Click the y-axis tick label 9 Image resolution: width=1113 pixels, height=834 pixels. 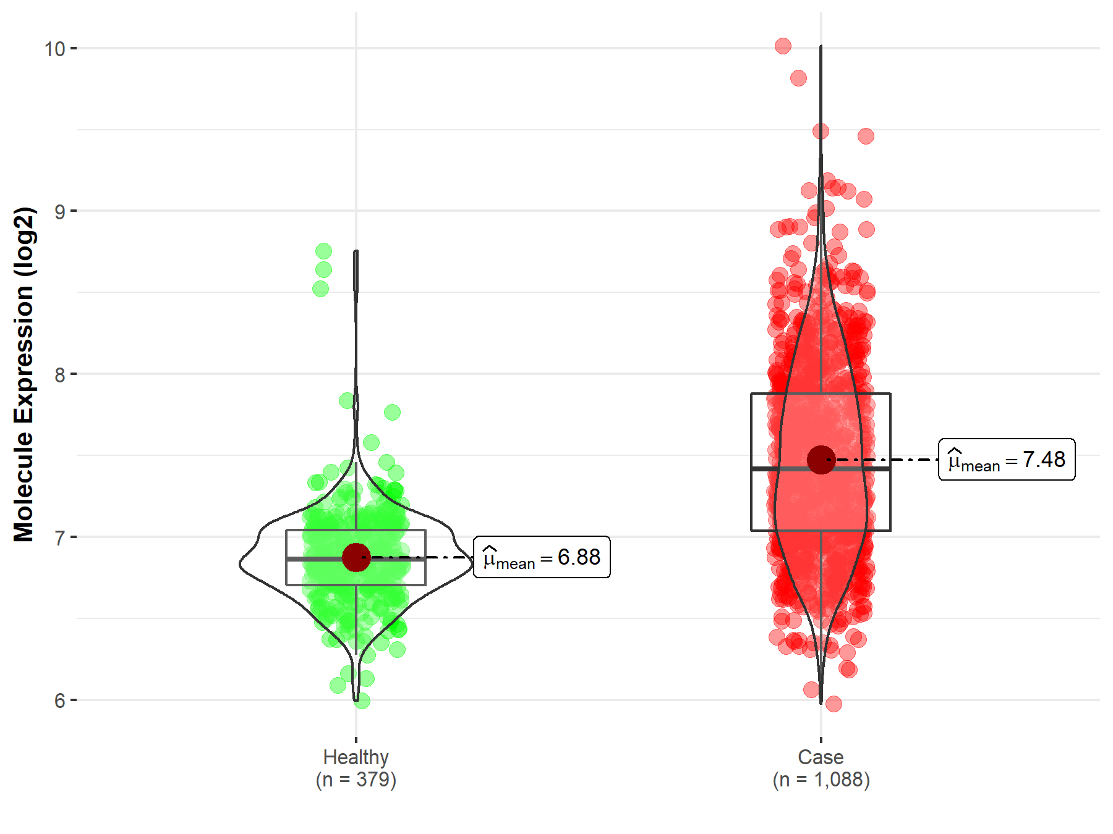[x=59, y=212]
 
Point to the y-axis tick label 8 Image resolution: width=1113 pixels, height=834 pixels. [x=59, y=375]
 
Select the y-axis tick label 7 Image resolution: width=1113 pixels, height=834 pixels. [x=59, y=538]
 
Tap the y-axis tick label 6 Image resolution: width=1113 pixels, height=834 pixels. [x=59, y=701]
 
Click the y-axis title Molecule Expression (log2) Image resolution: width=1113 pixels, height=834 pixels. [x=23, y=374]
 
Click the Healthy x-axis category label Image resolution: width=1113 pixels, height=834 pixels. [x=356, y=757]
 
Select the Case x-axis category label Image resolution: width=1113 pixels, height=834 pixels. [x=821, y=757]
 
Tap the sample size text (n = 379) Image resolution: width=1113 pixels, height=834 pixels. [x=356, y=780]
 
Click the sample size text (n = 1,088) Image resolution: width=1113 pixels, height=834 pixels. [x=821, y=780]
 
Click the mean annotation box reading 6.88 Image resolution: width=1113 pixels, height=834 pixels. [x=542, y=557]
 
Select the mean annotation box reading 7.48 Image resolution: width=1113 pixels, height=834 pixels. [x=1007, y=460]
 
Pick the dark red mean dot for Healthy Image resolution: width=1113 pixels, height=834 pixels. [x=356, y=557]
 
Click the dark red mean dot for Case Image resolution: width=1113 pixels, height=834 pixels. [x=821, y=460]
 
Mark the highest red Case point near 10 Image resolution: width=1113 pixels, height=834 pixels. [x=783, y=46]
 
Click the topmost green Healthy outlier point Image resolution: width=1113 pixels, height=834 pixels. [x=323, y=251]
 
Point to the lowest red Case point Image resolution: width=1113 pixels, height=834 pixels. [x=834, y=704]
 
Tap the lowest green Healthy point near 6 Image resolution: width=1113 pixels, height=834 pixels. [x=362, y=701]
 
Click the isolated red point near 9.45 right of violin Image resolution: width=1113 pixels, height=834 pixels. [x=866, y=136]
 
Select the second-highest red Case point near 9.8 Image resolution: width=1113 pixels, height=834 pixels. [x=798, y=78]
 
